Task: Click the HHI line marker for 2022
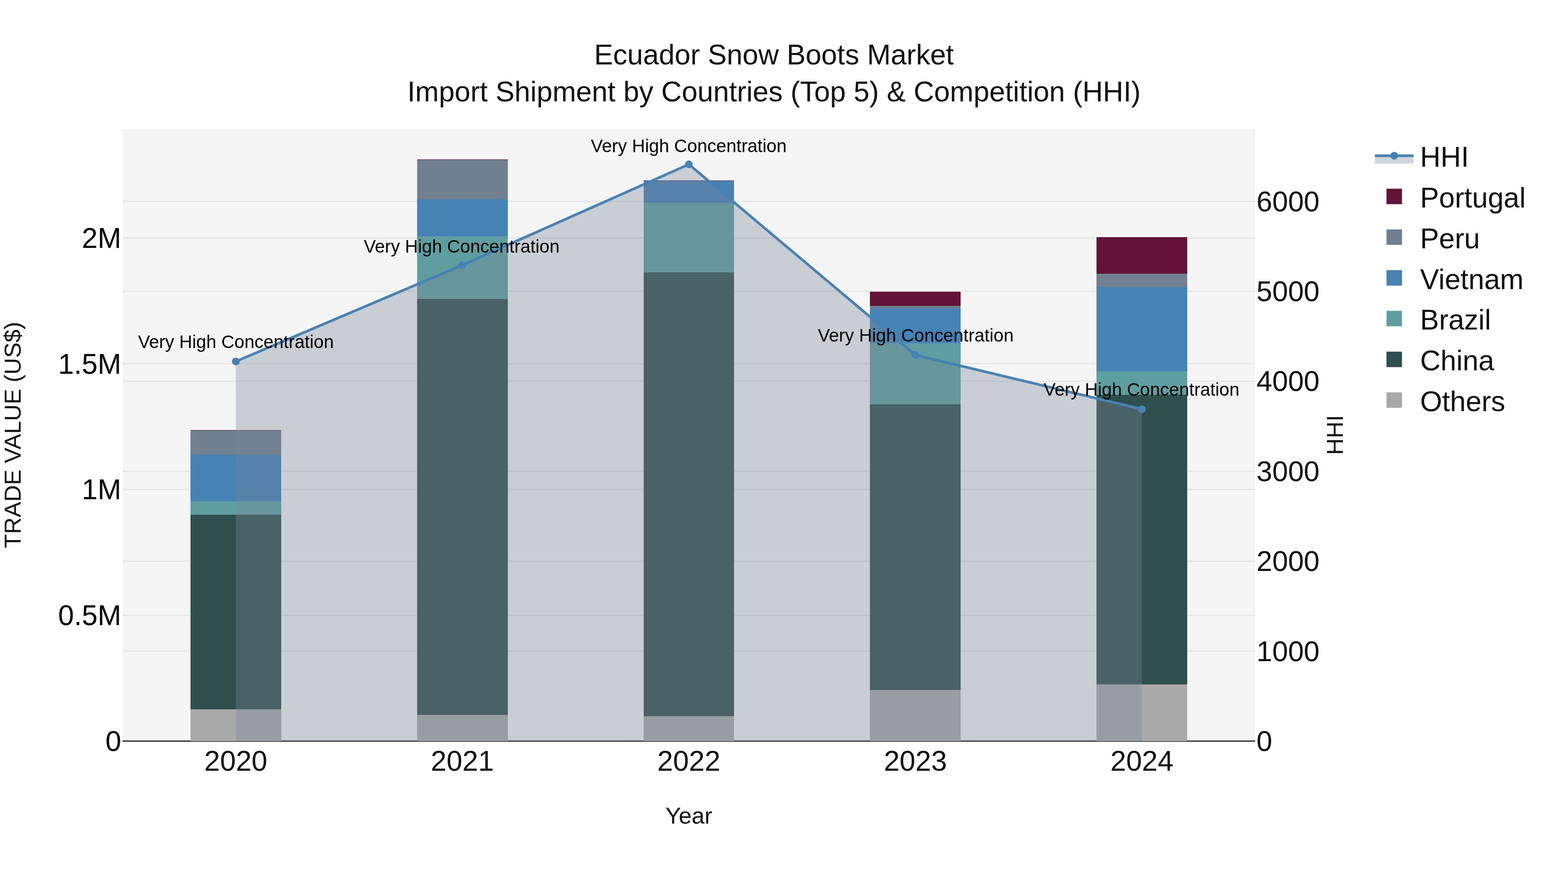point(689,165)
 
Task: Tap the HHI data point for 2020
point(236,361)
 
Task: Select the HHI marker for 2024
point(1142,409)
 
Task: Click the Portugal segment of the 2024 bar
point(1142,256)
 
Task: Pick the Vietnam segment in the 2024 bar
point(1142,329)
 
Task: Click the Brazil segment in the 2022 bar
point(689,238)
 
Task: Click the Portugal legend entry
point(1472,198)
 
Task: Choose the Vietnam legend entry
point(1471,280)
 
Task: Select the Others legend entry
point(1462,402)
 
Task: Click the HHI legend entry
point(1444,157)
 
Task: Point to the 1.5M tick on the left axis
point(89,364)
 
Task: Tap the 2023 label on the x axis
point(915,762)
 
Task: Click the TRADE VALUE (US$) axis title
point(14,435)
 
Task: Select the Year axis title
point(689,816)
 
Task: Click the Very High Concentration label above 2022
point(689,146)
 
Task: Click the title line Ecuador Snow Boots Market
point(774,55)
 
